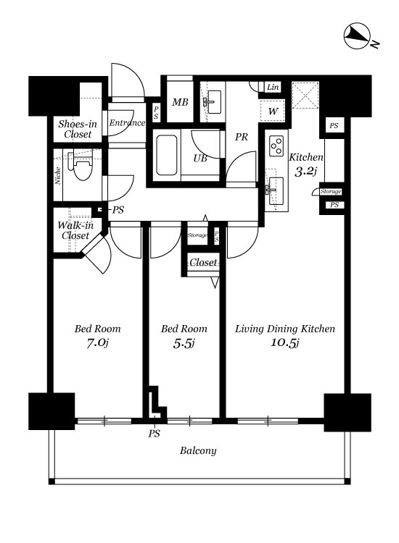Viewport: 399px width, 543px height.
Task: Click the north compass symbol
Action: click(358, 36)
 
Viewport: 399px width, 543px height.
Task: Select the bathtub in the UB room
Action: click(167, 155)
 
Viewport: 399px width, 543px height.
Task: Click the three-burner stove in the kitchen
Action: click(276, 145)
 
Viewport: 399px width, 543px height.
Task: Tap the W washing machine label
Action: click(273, 111)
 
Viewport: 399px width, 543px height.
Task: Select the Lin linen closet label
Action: click(273, 87)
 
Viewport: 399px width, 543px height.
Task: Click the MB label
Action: click(180, 102)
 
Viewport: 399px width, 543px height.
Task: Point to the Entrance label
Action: click(128, 122)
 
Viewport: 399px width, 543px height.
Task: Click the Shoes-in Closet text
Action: click(78, 129)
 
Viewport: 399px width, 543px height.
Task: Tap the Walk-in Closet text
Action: click(75, 231)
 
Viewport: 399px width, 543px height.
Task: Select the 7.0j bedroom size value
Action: click(97, 343)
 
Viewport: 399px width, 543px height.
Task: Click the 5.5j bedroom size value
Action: click(184, 343)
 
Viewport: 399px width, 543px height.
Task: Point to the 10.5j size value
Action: click(285, 342)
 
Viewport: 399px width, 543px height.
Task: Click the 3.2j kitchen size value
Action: click(305, 171)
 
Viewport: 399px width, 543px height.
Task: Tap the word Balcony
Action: click(198, 450)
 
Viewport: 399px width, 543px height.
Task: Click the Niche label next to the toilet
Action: click(58, 176)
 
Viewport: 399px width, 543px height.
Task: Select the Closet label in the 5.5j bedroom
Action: click(203, 263)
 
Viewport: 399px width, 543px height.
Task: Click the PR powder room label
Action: click(242, 137)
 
